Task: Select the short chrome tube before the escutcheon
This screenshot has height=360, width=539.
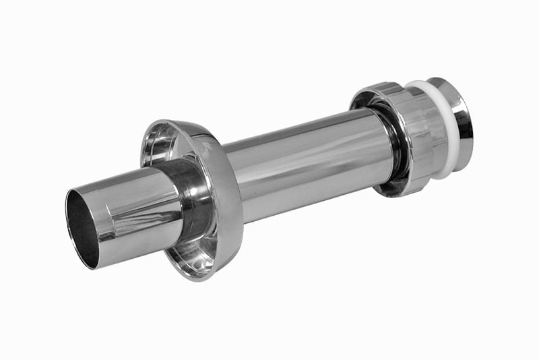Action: click(135, 209)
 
